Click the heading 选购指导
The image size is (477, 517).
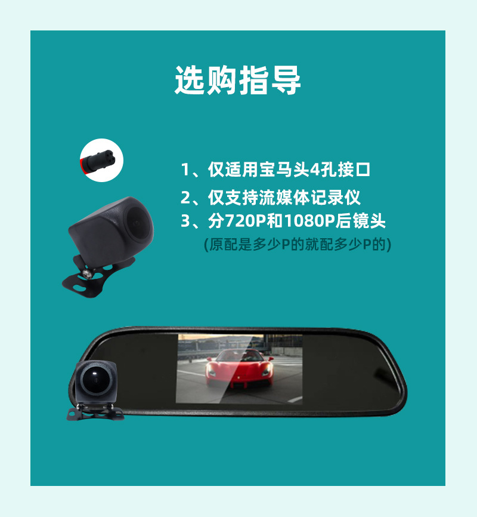(x=237, y=81)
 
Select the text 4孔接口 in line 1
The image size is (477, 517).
(x=340, y=170)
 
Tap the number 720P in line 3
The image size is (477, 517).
(x=246, y=221)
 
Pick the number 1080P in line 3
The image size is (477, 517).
(x=309, y=221)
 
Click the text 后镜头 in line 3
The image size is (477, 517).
(x=360, y=221)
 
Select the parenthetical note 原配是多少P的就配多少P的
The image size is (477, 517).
(x=298, y=245)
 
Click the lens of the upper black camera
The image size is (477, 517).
(x=138, y=223)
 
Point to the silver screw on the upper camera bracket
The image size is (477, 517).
(x=87, y=273)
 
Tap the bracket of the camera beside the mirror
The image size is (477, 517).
(x=95, y=412)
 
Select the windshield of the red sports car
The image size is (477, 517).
(x=240, y=355)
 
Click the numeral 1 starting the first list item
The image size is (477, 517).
(x=185, y=170)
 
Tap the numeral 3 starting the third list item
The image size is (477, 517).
(x=185, y=221)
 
